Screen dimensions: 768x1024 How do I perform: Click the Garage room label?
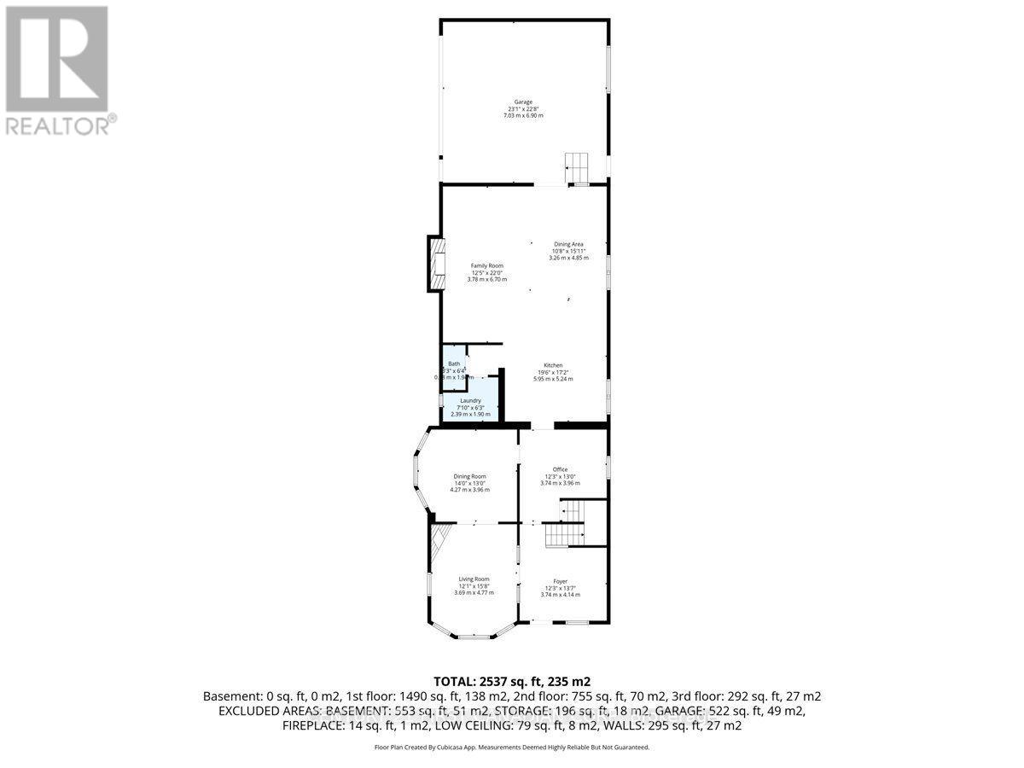point(523,102)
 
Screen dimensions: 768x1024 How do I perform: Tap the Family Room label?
point(487,265)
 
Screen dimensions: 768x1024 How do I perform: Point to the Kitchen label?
point(553,365)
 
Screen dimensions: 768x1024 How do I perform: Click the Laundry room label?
point(471,400)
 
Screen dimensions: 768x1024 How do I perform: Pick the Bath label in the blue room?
point(454,364)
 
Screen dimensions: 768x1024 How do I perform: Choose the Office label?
point(560,469)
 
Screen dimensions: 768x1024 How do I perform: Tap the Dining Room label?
point(470,476)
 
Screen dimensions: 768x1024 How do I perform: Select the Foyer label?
point(560,581)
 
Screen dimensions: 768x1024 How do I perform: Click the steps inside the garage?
point(578,163)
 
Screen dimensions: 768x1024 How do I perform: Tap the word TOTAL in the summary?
point(455,681)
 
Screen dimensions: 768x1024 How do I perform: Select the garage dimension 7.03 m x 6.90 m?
point(523,115)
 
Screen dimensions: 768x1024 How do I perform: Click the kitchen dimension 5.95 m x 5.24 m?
point(553,379)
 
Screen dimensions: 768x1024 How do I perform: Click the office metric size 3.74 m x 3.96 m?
point(560,483)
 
